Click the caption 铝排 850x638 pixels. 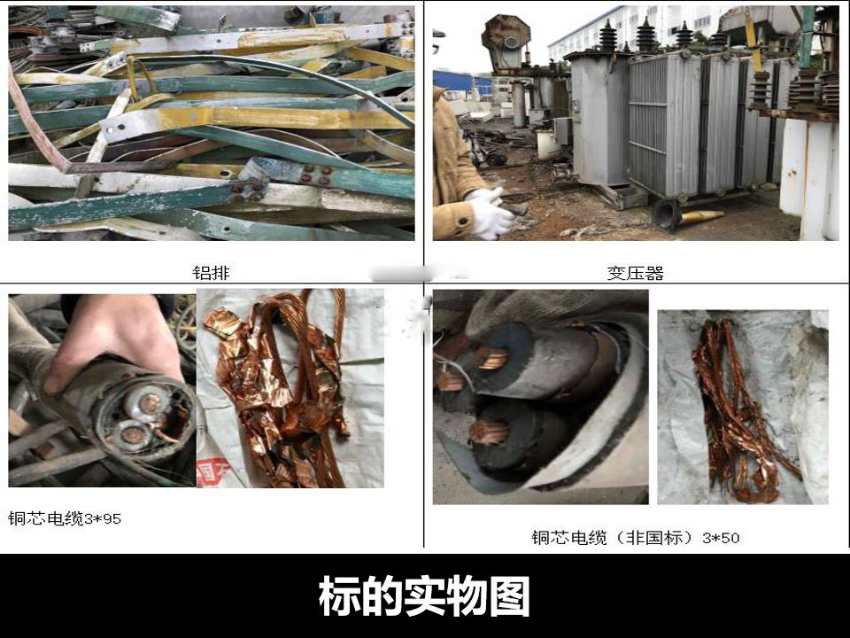pyautogui.click(x=211, y=272)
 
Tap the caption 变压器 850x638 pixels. pyautogui.click(x=636, y=272)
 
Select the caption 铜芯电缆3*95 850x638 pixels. pyautogui.click(x=65, y=518)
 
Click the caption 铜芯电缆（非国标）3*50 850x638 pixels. pyautogui.click(x=636, y=538)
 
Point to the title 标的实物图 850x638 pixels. pyautogui.click(x=424, y=596)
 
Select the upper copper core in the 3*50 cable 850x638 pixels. pyautogui.click(x=492, y=358)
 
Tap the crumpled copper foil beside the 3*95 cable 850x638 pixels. pyautogui.click(x=276, y=391)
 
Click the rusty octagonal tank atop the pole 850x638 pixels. pyautogui.click(x=506, y=43)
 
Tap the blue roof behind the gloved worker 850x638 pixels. pyautogui.click(x=460, y=82)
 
